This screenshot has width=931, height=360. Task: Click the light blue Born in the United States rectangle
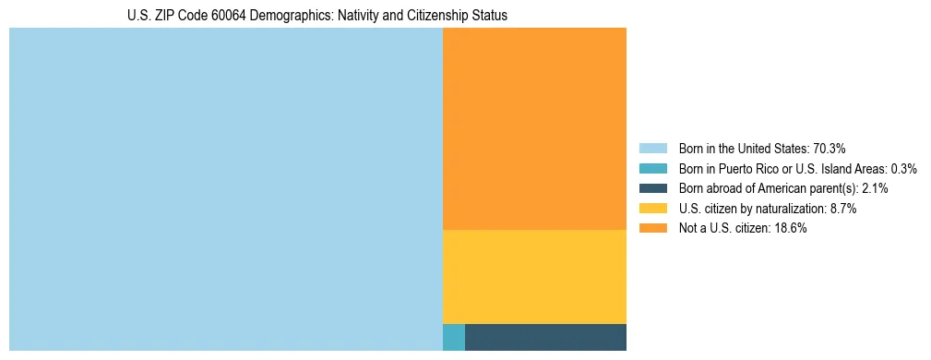point(226,189)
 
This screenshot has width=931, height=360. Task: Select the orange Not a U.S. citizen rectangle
point(534,128)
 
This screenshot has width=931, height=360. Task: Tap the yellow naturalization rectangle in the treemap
point(534,276)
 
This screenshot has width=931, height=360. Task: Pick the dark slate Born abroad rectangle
point(545,337)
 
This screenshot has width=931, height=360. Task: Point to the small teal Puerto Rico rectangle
point(454,337)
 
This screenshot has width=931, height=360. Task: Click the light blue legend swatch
point(653,148)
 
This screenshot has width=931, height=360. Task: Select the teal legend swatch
point(653,168)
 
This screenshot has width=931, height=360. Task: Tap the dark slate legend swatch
point(653,188)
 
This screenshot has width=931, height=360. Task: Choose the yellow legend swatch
point(653,209)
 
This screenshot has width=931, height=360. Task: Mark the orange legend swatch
point(653,229)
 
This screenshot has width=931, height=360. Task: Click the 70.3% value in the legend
point(830,148)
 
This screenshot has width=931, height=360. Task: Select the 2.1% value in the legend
point(875,188)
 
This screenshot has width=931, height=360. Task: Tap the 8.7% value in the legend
point(842,209)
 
